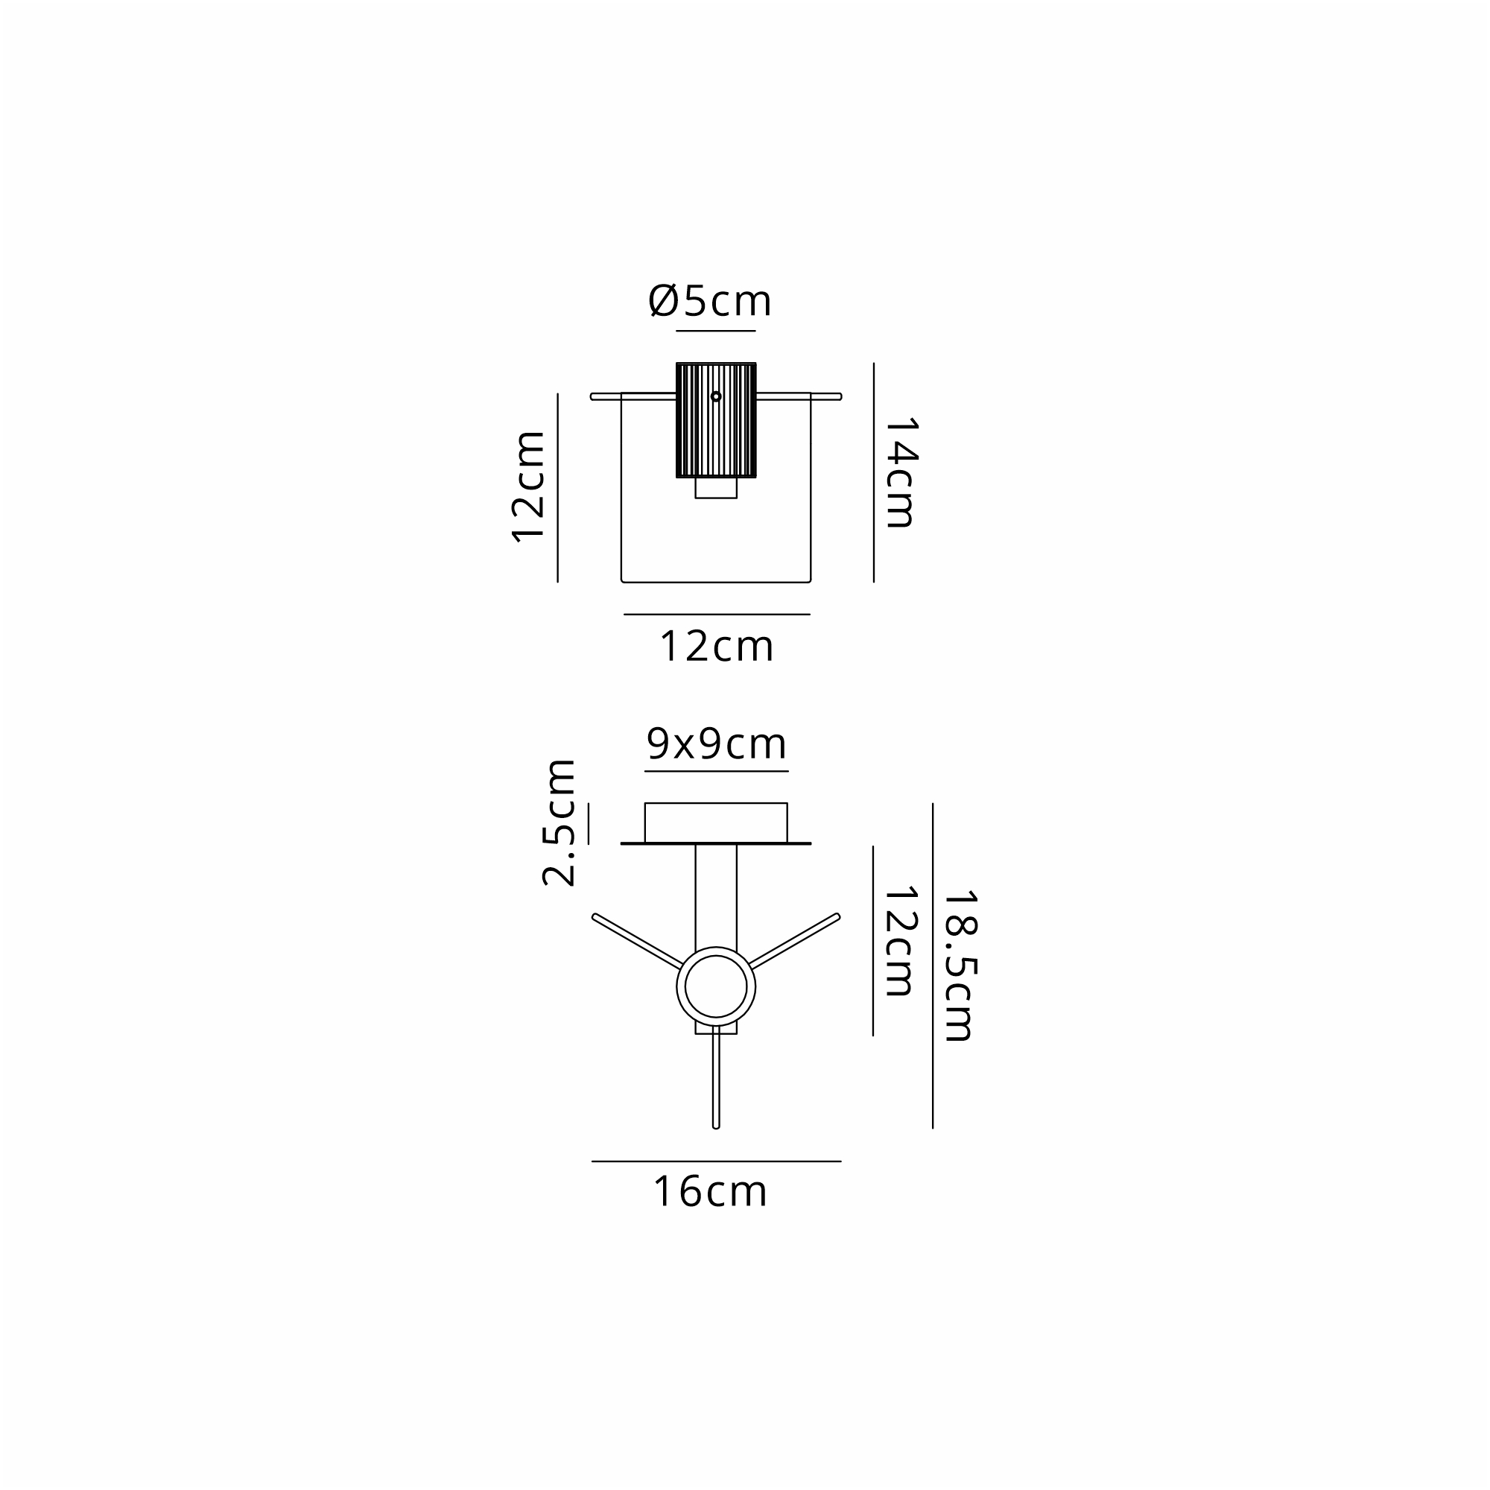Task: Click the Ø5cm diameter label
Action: [x=709, y=301]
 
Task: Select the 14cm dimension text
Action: [x=900, y=473]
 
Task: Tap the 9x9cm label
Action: [x=717, y=744]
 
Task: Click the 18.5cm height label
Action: [x=960, y=966]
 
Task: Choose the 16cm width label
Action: [x=710, y=1191]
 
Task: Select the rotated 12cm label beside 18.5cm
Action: [x=899, y=941]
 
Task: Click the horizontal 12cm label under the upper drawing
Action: [x=717, y=646]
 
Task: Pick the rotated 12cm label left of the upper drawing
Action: [x=529, y=486]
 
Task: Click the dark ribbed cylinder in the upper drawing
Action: [x=716, y=420]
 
